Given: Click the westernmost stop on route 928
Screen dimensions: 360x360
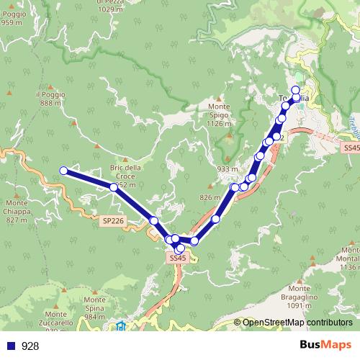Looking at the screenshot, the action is click(x=63, y=171).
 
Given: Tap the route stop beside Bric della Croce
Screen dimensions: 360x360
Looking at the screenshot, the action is click(x=114, y=187).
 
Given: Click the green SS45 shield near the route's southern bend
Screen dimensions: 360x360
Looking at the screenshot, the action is click(x=178, y=257).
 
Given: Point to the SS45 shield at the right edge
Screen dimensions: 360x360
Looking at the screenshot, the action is click(x=351, y=147).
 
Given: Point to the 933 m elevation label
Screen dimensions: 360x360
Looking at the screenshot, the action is click(x=227, y=169).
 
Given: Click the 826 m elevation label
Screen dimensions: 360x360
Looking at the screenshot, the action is click(x=210, y=197).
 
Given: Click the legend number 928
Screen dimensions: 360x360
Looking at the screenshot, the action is click(x=30, y=346).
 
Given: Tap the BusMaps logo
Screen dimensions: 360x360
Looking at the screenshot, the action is click(x=325, y=345).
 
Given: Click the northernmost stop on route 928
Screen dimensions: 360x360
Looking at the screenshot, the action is click(x=295, y=90).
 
